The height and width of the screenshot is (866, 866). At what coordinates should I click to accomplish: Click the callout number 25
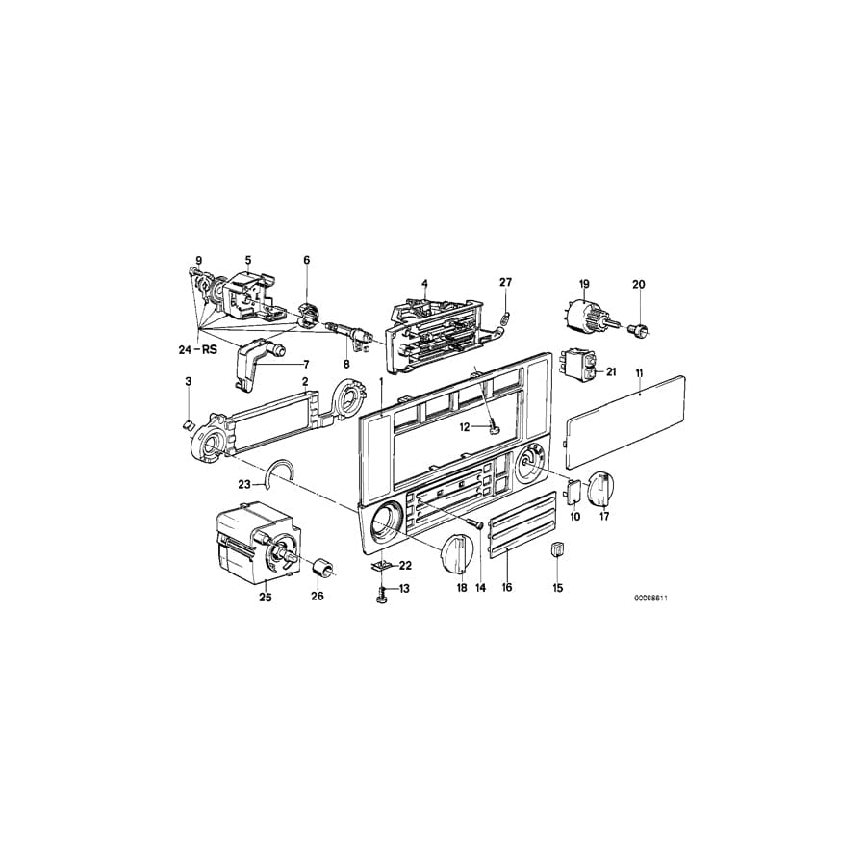266,598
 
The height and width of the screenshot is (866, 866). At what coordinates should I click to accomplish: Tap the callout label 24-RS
198,349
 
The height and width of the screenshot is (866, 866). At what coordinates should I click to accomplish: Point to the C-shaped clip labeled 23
282,474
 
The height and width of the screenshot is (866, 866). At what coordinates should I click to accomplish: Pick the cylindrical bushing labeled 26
322,569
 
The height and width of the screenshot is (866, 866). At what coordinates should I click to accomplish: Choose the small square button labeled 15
557,551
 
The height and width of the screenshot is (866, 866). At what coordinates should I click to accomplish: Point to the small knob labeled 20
637,330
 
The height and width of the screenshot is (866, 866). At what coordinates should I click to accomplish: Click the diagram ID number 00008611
650,598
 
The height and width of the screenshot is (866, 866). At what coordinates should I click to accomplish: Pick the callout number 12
463,427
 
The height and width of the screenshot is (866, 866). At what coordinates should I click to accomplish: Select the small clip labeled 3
189,421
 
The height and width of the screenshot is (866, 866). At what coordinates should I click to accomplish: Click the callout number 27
506,282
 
